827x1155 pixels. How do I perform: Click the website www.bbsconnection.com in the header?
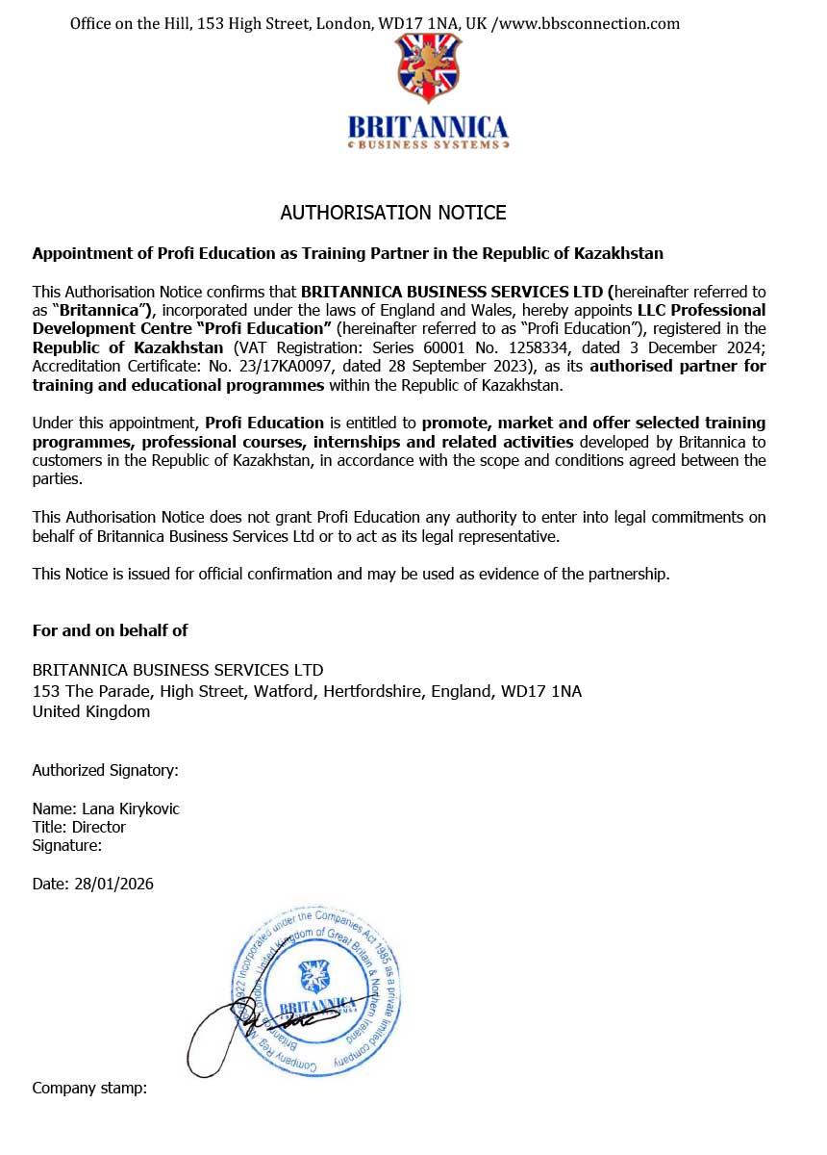pyautogui.click(x=589, y=23)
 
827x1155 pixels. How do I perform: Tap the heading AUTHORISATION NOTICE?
pyautogui.click(x=392, y=213)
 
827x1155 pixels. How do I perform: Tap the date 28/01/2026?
pyautogui.click(x=113, y=884)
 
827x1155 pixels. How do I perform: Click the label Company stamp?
pyautogui.click(x=89, y=1088)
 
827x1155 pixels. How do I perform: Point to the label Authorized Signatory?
pyautogui.click(x=106, y=770)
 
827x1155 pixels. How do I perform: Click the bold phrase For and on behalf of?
pyautogui.click(x=110, y=630)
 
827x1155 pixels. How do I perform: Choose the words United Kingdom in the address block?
pyautogui.click(x=91, y=711)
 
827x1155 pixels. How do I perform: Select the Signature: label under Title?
pyautogui.click(x=67, y=845)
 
